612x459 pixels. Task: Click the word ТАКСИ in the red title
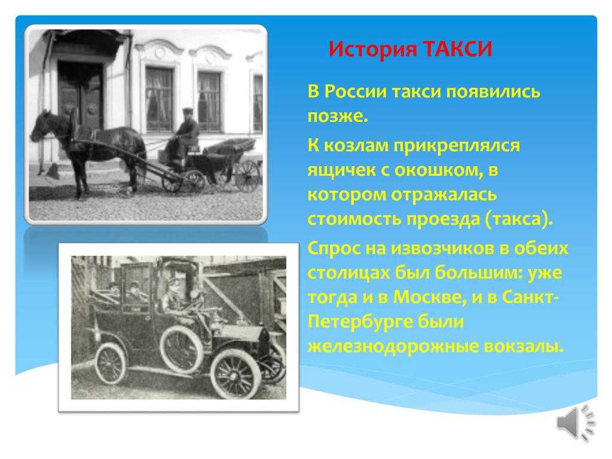click(457, 49)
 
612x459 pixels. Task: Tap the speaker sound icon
click(576, 423)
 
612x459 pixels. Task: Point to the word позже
click(338, 117)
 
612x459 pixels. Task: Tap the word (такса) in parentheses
click(519, 219)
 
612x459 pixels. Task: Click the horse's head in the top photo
click(42, 124)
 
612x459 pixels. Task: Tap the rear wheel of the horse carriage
click(247, 176)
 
